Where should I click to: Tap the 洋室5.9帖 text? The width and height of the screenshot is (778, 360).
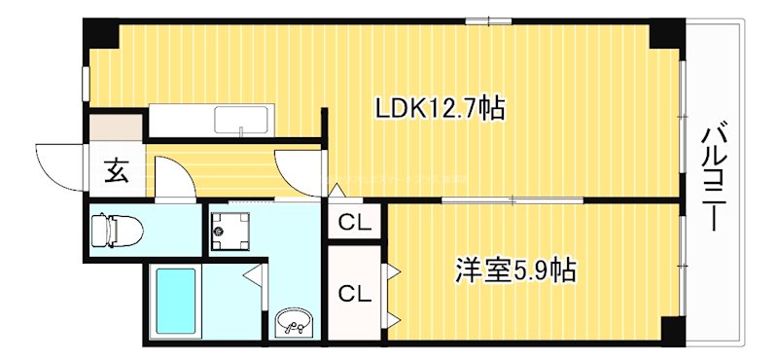(515, 270)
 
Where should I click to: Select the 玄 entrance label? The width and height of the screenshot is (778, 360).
(116, 173)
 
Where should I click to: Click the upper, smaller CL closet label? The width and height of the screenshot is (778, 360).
(355, 223)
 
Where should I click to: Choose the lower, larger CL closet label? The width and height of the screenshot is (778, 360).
(355, 291)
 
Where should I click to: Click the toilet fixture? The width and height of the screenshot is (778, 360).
(115, 232)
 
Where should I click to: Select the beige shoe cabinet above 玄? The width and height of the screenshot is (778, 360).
(115, 126)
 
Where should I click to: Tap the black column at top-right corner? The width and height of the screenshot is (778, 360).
(666, 34)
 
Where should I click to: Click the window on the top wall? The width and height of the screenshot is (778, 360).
(489, 20)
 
